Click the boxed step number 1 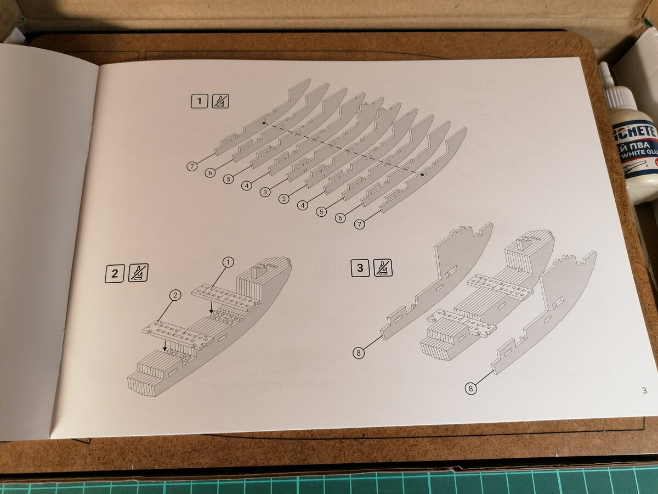point(199,101)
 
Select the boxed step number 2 point(114,273)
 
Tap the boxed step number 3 point(360,268)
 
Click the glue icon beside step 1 point(220,101)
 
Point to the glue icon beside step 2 point(138,273)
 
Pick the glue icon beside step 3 point(383,268)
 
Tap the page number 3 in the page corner point(643,390)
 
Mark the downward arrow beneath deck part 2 point(165,346)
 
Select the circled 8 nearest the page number point(470,389)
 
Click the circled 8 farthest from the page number point(359,353)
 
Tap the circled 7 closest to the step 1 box point(191,166)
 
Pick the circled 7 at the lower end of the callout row point(359,224)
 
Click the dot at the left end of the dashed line point(264,123)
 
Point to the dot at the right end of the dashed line point(422,175)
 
